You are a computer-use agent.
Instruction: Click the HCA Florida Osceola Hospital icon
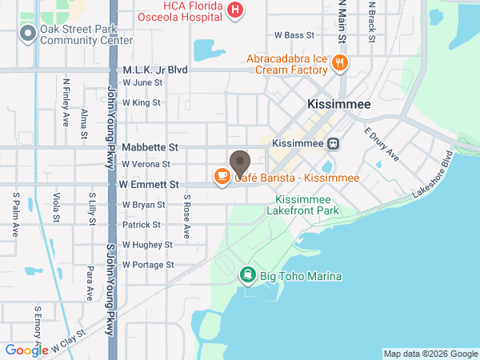tap(235, 10)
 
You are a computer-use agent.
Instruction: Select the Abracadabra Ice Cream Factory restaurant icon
tap(340, 62)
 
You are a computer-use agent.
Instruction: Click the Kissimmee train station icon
tap(333, 143)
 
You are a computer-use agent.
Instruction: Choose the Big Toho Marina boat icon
tap(248, 276)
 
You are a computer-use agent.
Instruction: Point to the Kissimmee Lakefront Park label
tap(307, 205)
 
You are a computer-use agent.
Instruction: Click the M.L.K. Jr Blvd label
tap(155, 70)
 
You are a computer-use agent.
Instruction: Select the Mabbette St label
tap(150, 148)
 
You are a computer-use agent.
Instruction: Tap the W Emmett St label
tap(148, 184)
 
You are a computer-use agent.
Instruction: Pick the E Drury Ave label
tap(381, 144)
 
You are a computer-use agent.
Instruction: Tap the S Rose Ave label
tap(186, 216)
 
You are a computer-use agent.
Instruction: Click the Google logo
tap(26, 350)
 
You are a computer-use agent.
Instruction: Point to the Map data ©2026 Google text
tap(430, 354)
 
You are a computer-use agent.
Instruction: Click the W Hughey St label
tap(147, 245)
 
